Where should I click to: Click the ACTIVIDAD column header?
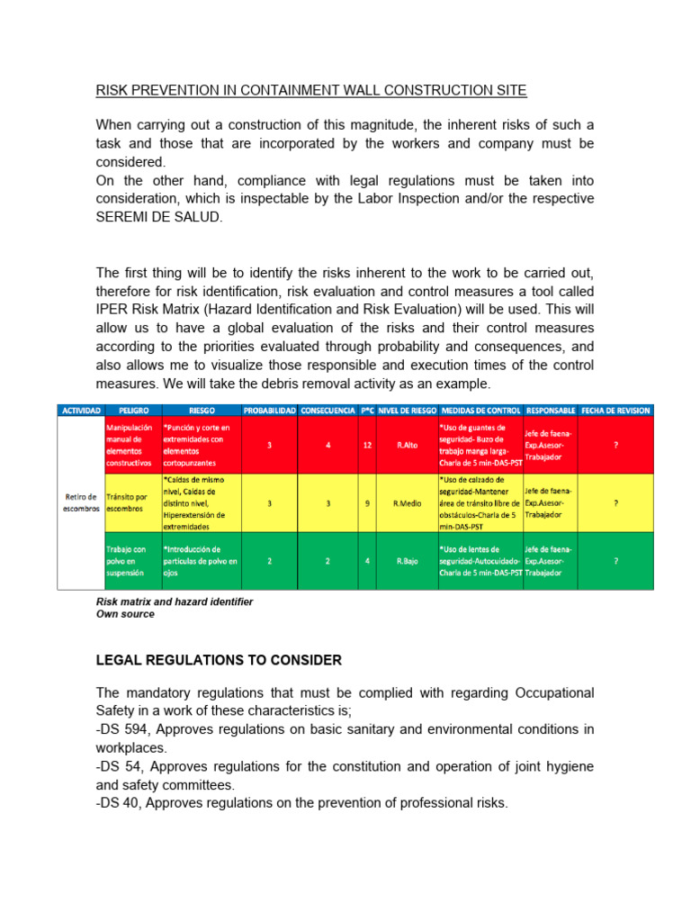[81, 410]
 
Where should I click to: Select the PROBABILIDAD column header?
[270, 410]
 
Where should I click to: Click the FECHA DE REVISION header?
[615, 410]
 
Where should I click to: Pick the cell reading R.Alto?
[407, 445]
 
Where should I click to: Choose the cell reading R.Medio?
[407, 503]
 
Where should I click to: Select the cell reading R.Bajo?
[407, 561]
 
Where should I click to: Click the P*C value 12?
[367, 445]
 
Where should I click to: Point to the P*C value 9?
[367, 503]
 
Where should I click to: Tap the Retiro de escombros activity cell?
[81, 502]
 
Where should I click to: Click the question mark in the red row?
[615, 445]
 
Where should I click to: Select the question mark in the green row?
[615, 561]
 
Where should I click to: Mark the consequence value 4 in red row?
[328, 445]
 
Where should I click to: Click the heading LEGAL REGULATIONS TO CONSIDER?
[219, 660]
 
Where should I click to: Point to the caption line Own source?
[125, 614]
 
